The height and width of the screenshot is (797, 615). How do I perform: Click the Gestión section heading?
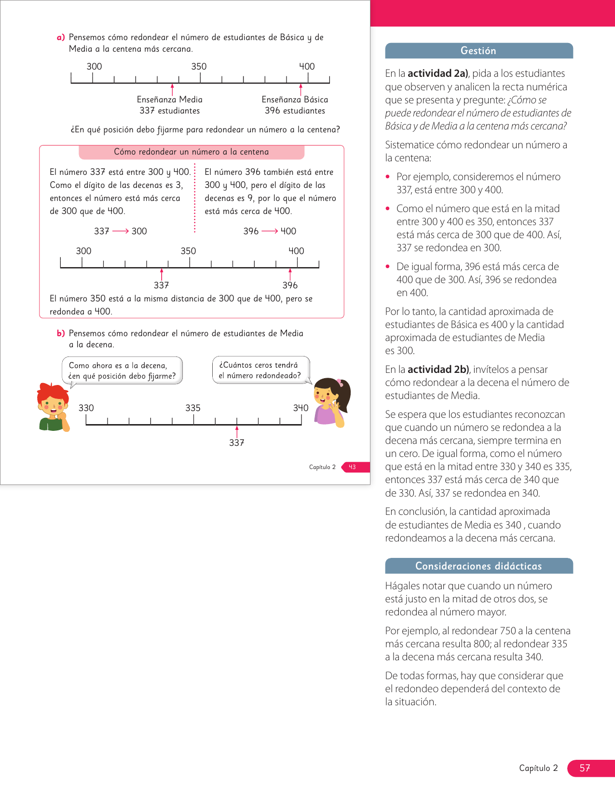[x=478, y=51]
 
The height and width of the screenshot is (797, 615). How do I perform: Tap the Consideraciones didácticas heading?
[x=478, y=566]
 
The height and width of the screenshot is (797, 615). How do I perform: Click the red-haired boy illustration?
[x=53, y=407]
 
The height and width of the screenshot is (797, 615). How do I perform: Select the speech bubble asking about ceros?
[x=260, y=370]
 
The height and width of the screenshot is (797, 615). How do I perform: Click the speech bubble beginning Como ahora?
[x=122, y=370]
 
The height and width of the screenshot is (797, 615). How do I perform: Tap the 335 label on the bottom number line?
[x=193, y=408]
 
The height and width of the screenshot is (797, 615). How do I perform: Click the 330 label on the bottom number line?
[x=86, y=408]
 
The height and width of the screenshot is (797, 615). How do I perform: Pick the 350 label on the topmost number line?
[x=199, y=67]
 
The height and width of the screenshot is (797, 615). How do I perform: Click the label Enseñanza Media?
[x=170, y=100]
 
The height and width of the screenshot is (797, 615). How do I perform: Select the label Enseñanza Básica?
[x=295, y=100]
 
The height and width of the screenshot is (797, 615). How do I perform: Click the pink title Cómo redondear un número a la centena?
[x=191, y=152]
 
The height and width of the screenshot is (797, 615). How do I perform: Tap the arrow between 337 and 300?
[x=120, y=231]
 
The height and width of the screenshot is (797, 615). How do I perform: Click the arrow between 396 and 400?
[x=269, y=231]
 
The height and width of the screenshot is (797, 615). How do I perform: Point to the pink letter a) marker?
[x=61, y=38]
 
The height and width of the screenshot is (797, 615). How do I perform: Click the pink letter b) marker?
[x=61, y=333]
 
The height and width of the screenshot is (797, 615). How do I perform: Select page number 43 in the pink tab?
[x=353, y=467]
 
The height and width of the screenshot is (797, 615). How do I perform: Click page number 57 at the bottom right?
[x=585, y=768]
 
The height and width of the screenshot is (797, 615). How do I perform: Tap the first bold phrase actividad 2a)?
[x=438, y=73]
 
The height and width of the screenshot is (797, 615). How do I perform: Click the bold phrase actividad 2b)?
[x=438, y=370]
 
